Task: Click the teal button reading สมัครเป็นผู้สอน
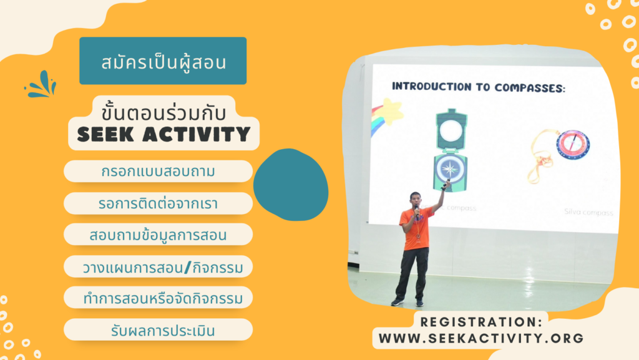163,61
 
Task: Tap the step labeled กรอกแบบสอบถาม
158,171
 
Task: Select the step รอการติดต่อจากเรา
158,203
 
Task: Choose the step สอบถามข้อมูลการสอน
158,235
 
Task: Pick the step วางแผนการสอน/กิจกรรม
158,267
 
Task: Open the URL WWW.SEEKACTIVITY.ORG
481,338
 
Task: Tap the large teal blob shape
291,185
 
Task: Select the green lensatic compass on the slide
450,150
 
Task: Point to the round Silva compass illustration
572,145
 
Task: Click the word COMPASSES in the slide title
530,87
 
